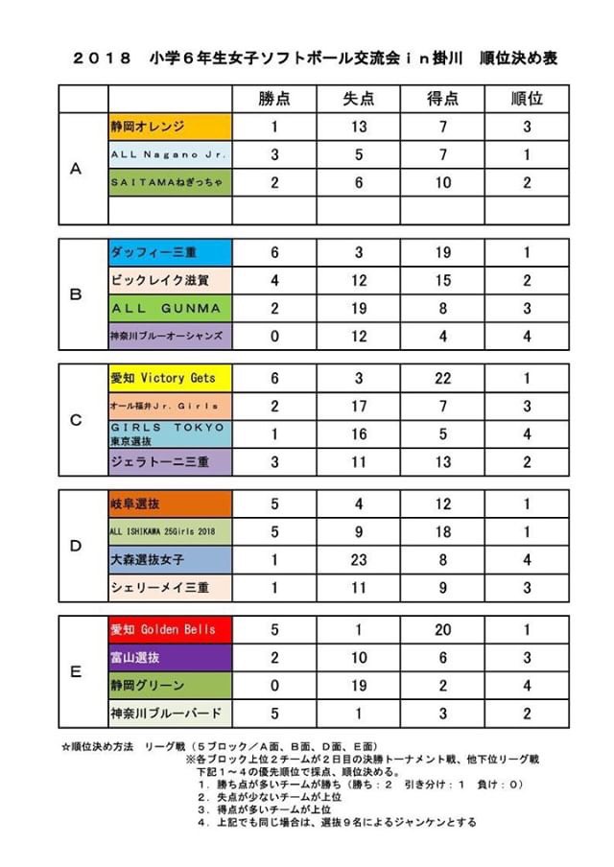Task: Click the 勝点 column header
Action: click(273, 99)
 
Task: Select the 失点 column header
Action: click(358, 99)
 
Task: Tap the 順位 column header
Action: click(526, 99)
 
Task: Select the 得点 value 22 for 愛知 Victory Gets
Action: click(441, 378)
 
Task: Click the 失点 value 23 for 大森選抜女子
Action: click(358, 559)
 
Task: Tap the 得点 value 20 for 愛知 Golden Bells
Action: click(441, 629)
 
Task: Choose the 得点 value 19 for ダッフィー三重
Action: click(441, 252)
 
